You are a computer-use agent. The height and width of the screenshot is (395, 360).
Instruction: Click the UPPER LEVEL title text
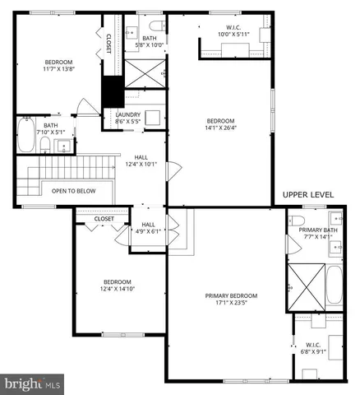coord(308,194)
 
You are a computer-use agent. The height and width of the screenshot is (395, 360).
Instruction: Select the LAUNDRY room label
coord(127,114)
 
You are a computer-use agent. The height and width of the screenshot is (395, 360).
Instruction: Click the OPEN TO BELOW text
coord(73,191)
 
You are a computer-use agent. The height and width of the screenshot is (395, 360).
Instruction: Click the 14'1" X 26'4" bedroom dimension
coord(219,128)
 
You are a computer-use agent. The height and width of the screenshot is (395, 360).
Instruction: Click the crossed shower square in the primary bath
coord(304,286)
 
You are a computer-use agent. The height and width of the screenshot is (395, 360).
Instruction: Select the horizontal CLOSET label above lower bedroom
coord(104,219)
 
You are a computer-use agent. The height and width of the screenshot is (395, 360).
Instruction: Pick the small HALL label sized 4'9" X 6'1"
coord(148,228)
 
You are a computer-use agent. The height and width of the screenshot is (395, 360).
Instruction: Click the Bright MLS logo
coord(33,383)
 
